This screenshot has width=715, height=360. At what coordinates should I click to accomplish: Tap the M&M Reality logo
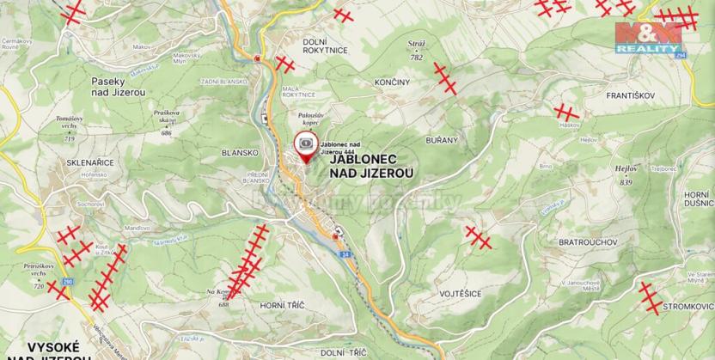point(648,38)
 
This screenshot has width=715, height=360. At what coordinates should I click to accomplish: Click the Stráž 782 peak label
point(417,52)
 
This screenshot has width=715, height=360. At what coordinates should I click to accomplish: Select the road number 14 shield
point(344,255)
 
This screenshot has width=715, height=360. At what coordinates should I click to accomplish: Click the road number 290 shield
point(68,282)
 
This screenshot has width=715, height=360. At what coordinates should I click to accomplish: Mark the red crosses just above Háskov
point(567,113)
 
